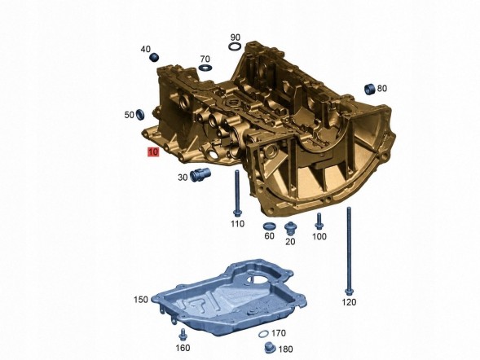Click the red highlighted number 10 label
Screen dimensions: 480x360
pos(153,152)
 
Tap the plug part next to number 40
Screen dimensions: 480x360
pos(154,57)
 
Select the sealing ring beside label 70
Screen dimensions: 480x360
pos(205,68)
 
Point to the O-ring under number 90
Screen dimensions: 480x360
pos(235,46)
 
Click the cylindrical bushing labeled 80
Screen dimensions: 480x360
pos(370,89)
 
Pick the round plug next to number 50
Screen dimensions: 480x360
pos(140,114)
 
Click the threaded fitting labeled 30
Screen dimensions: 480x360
pos(200,174)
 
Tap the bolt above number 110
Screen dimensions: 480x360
pos(237,194)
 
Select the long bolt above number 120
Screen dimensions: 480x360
pos(349,252)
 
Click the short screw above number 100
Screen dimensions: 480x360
pos(319,222)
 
